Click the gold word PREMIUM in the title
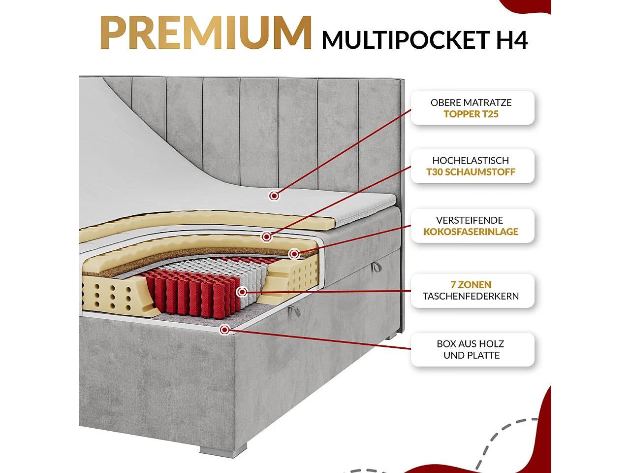click(x=206, y=33)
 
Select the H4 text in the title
click(x=511, y=40)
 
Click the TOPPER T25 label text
click(x=471, y=114)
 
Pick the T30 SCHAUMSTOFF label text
click(x=471, y=172)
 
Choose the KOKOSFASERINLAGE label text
click(x=471, y=232)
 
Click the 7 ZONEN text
click(x=471, y=285)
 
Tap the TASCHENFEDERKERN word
click(x=471, y=297)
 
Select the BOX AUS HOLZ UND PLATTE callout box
click(x=472, y=349)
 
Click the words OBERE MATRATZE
click(x=471, y=102)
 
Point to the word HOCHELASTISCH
click(x=471, y=161)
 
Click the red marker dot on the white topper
click(x=274, y=196)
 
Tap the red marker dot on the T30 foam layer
click(x=266, y=237)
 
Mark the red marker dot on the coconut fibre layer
click(x=294, y=254)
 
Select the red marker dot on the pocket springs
click(x=242, y=292)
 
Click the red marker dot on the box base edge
click(x=224, y=330)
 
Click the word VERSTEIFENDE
click(x=470, y=220)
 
